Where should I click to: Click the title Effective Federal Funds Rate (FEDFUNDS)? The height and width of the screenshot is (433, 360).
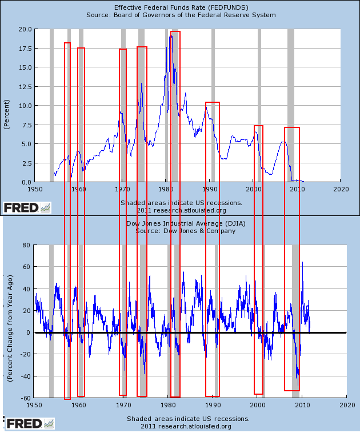180,6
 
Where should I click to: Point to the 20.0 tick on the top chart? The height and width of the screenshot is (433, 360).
25,29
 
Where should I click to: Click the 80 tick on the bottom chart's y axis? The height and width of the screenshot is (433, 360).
25,245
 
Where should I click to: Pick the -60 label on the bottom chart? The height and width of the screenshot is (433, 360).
23,398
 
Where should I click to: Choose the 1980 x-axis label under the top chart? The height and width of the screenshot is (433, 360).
166,189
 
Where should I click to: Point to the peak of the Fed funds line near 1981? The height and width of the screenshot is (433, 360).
170,36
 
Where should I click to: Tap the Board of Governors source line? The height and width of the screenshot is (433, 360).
181,14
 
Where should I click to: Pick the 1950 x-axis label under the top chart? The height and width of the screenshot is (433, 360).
35,189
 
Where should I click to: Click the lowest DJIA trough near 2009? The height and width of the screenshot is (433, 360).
297,378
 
